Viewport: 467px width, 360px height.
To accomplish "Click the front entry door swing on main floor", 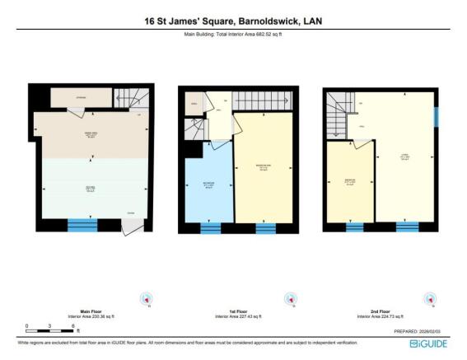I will tap(129, 224).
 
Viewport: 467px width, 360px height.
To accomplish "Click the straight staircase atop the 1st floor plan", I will tap(264, 101).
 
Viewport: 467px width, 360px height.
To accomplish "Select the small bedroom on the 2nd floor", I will tap(350, 181).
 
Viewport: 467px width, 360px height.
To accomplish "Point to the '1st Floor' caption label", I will tap(233, 311).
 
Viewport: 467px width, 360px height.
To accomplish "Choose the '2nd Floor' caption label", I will tap(375, 311).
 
